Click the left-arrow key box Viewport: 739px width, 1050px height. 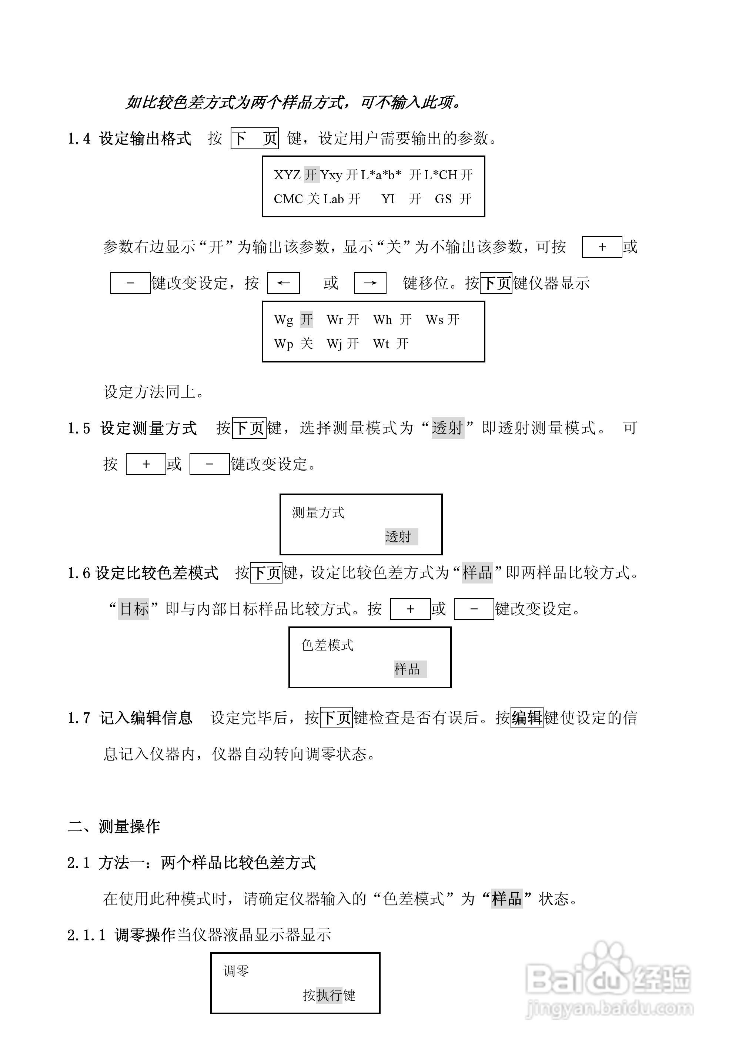click(x=284, y=283)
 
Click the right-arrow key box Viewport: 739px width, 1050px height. click(x=370, y=283)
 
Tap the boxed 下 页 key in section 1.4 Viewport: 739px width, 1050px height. click(x=255, y=138)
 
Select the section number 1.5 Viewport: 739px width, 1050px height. click(x=78, y=428)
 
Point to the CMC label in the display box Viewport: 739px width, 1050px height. click(x=287, y=199)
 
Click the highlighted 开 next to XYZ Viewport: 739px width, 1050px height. click(x=311, y=175)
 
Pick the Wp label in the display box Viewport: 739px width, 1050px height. click(x=284, y=344)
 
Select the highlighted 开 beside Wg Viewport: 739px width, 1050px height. click(x=307, y=320)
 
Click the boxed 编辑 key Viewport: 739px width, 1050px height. click(x=527, y=718)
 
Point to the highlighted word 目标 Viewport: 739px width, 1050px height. click(x=134, y=609)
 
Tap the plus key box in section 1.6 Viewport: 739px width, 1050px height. click(x=410, y=609)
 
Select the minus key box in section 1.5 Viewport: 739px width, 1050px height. click(x=210, y=464)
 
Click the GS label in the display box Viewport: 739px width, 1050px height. click(x=443, y=199)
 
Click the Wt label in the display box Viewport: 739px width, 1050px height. click(x=381, y=344)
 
